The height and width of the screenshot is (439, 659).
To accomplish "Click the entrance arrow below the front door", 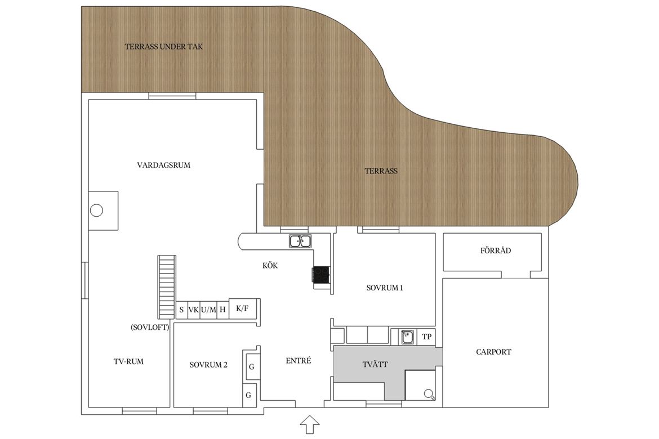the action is [310, 425].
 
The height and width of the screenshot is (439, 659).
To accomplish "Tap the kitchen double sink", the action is [300, 241].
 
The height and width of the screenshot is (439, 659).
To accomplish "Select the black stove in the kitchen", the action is [320, 275].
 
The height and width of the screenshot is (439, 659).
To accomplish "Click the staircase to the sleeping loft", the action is [166, 286].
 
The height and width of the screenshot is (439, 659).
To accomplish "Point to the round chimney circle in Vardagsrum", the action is [97, 210].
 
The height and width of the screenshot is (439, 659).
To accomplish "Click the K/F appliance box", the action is [243, 309].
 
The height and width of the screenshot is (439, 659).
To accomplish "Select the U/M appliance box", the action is [208, 310].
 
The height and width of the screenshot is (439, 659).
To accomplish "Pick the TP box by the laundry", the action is [426, 337].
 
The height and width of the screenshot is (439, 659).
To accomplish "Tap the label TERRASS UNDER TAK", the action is [163, 47].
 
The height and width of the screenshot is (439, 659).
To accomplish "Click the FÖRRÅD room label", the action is [496, 250].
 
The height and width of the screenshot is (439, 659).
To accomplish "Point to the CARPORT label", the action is [493, 352].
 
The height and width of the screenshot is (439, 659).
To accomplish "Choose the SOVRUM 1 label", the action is [385, 288].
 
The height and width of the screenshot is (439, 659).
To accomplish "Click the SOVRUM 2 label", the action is [208, 365].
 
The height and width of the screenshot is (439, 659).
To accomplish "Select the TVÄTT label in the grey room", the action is [375, 364].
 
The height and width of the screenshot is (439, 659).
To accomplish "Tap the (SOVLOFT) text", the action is [150, 327].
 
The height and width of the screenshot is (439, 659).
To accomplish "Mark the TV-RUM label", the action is [128, 361].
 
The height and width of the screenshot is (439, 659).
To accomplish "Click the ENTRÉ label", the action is [299, 360].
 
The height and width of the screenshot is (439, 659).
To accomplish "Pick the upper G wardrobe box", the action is [251, 367].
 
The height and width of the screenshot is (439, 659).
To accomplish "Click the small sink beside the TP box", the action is [407, 337].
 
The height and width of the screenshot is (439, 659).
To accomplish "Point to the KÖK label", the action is [270, 266].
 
